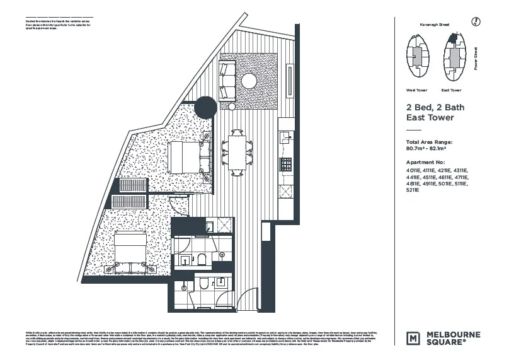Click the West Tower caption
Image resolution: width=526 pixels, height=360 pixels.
coord(417,90)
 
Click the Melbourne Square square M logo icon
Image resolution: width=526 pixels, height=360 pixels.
coord(413,337)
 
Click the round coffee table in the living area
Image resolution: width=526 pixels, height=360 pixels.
coord(249,81)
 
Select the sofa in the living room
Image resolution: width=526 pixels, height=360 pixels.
coord(227,80)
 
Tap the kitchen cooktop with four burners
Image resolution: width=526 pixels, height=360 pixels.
coord(286,165)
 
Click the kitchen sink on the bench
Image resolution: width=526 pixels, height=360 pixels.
coord(285,135)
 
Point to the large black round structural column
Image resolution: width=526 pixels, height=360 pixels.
coord(205,108)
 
